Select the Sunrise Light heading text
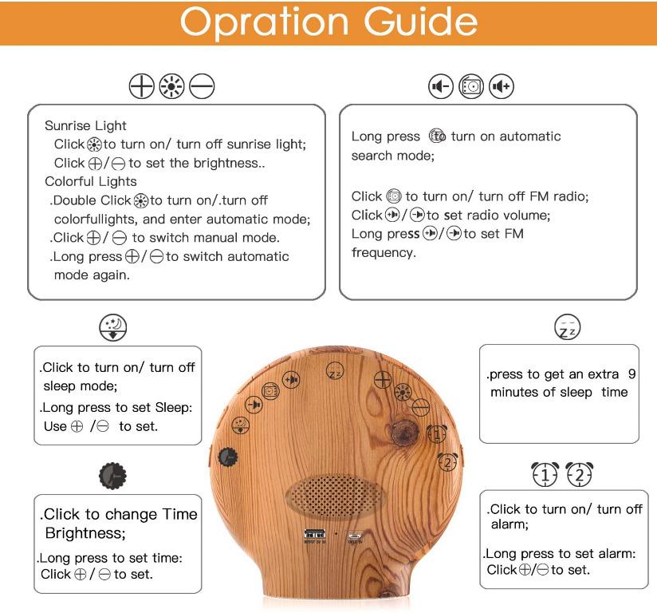click(x=86, y=126)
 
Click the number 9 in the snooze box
click(x=631, y=373)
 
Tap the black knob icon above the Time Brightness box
click(x=112, y=476)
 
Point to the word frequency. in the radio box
click(x=380, y=252)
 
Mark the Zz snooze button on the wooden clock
click(x=335, y=373)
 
